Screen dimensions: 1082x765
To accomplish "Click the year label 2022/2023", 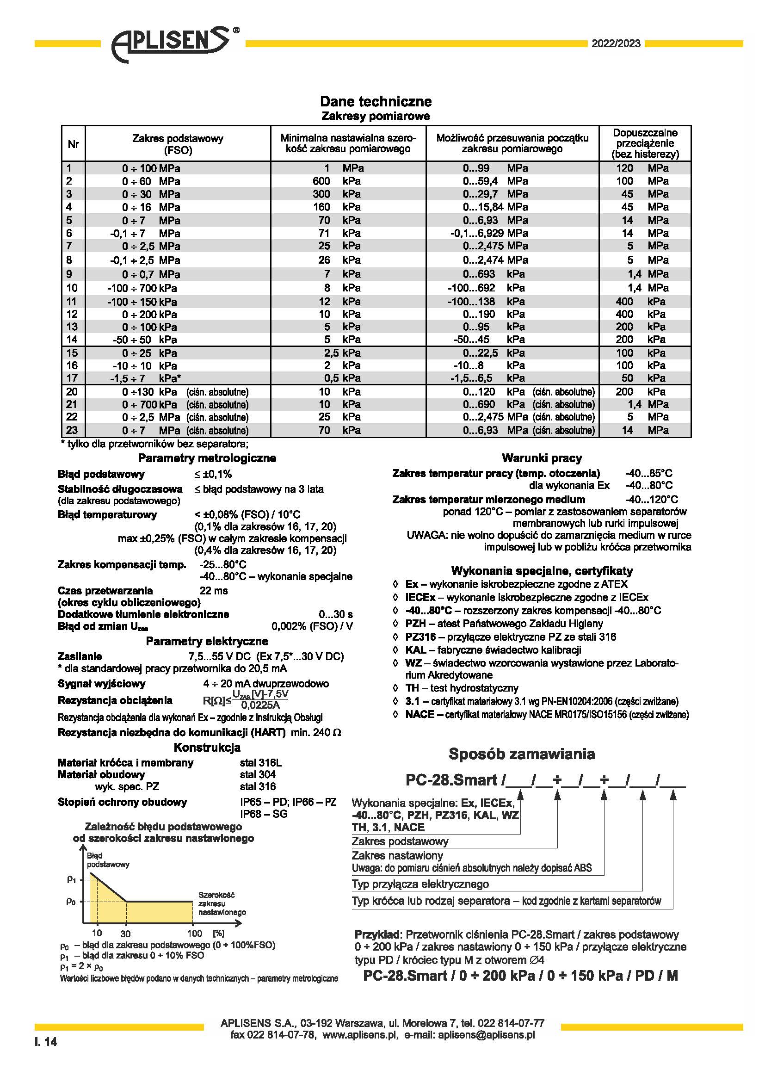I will (x=616, y=44).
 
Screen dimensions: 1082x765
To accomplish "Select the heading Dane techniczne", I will (x=376, y=101).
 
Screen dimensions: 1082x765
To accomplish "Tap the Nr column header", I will (x=73, y=144).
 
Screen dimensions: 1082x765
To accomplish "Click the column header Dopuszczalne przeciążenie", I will (x=645, y=143).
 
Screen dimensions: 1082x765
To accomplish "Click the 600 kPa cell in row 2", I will (x=336, y=181).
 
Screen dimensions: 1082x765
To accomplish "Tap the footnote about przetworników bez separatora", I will (x=154, y=444).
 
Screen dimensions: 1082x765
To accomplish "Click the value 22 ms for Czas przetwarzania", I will (x=213, y=591).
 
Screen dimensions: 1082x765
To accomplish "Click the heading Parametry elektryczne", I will (x=207, y=641).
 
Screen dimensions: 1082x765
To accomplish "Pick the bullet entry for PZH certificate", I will (x=504, y=624).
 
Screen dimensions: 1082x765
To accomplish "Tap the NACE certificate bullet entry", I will (x=546, y=714).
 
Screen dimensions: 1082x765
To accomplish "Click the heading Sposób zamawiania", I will (x=521, y=754).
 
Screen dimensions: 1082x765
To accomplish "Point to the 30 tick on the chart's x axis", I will (x=125, y=934).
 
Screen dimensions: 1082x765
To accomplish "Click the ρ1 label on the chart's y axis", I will (x=71, y=879).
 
